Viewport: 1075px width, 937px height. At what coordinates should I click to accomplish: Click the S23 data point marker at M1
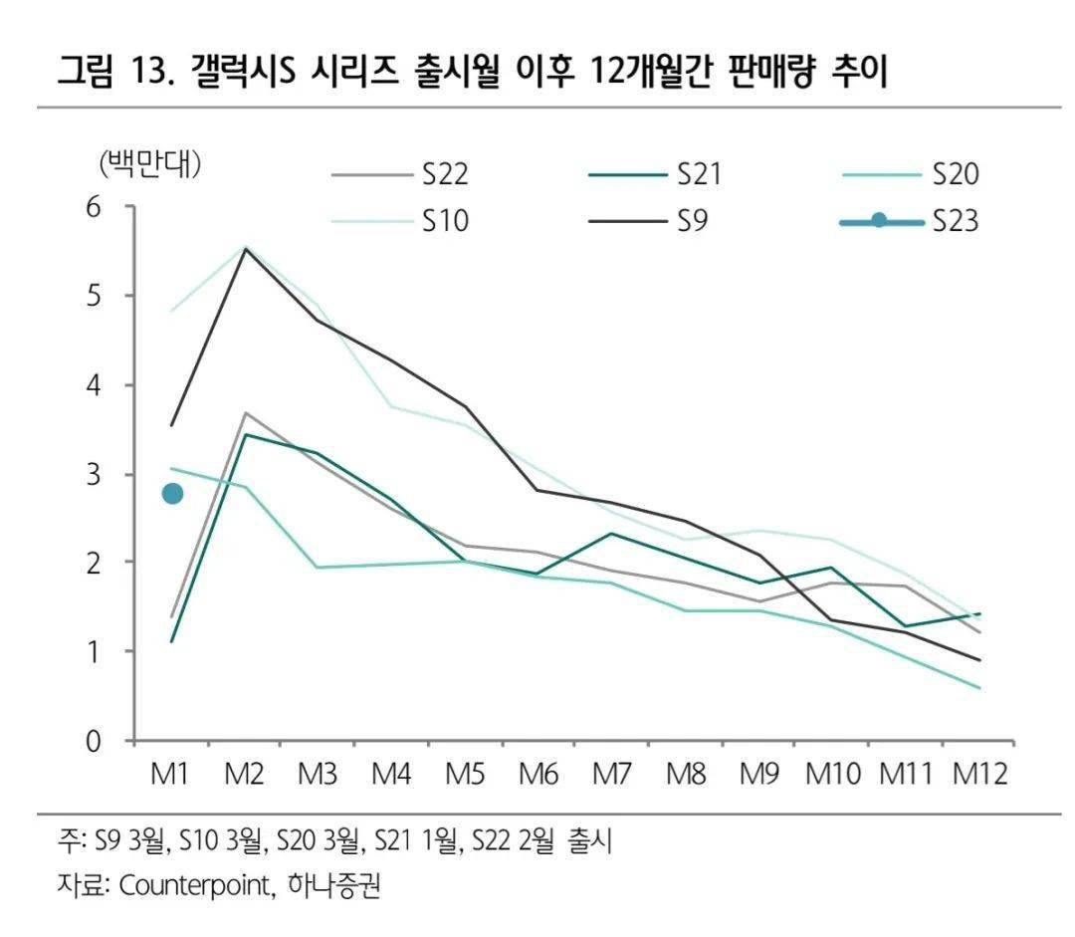(172, 494)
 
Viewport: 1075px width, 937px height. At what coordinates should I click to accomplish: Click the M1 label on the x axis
(172, 775)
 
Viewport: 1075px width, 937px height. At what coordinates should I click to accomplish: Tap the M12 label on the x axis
(980, 775)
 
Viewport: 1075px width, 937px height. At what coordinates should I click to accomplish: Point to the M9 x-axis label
(760, 775)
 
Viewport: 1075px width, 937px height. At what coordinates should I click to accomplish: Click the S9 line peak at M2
(246, 248)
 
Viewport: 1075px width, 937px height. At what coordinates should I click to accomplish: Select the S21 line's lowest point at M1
(172, 641)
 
